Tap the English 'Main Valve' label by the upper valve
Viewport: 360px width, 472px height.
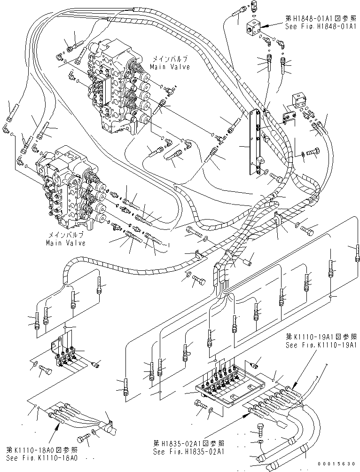[x=170, y=67]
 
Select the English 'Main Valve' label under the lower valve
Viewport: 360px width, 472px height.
[x=66, y=243]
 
